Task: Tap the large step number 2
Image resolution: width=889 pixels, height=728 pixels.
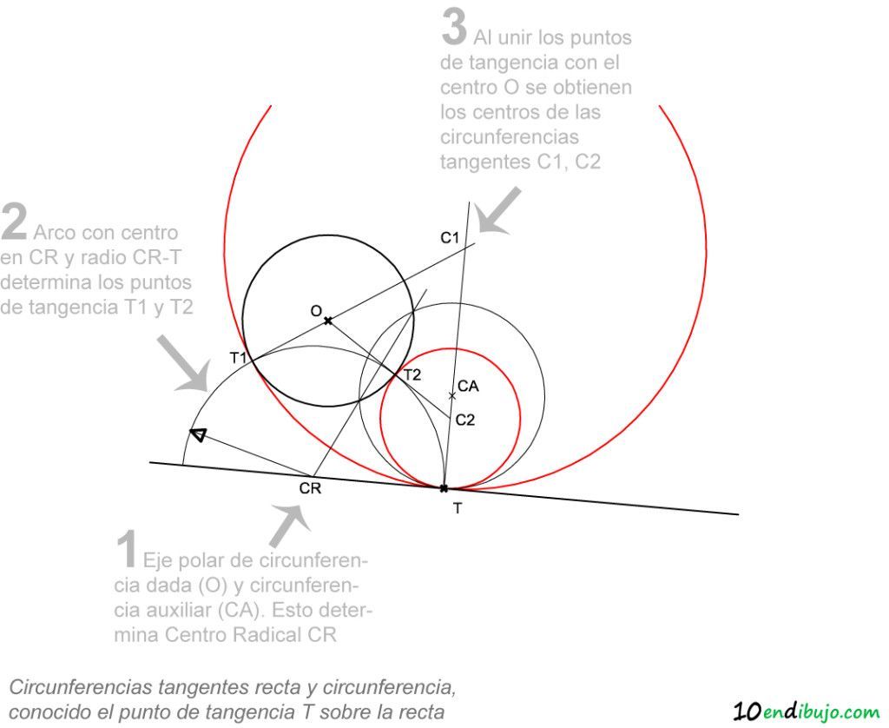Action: (14, 222)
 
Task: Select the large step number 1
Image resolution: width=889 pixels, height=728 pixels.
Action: (126, 549)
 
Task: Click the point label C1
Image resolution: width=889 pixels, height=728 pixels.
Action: (450, 238)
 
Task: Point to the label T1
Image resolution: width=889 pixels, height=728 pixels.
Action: (238, 358)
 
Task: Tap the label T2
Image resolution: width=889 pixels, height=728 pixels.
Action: (412, 375)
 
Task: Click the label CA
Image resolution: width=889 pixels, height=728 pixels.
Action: (468, 387)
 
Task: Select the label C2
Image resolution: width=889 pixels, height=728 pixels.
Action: (465, 420)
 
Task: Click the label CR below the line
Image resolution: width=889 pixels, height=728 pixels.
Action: (310, 488)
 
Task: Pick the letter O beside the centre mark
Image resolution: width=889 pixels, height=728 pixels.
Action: (316, 311)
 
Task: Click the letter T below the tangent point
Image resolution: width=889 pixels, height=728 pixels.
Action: (458, 509)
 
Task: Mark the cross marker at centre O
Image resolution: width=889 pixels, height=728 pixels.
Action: (327, 321)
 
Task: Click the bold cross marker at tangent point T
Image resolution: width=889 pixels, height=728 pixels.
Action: (444, 488)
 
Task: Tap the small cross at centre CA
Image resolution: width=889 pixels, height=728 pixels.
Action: (451, 395)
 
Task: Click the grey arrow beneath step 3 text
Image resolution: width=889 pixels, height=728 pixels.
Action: (497, 212)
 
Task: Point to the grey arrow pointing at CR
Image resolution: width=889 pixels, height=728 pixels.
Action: (290, 526)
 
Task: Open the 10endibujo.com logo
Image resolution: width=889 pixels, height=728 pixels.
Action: (806, 711)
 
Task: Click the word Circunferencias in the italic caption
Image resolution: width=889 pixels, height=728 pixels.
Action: (81, 687)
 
